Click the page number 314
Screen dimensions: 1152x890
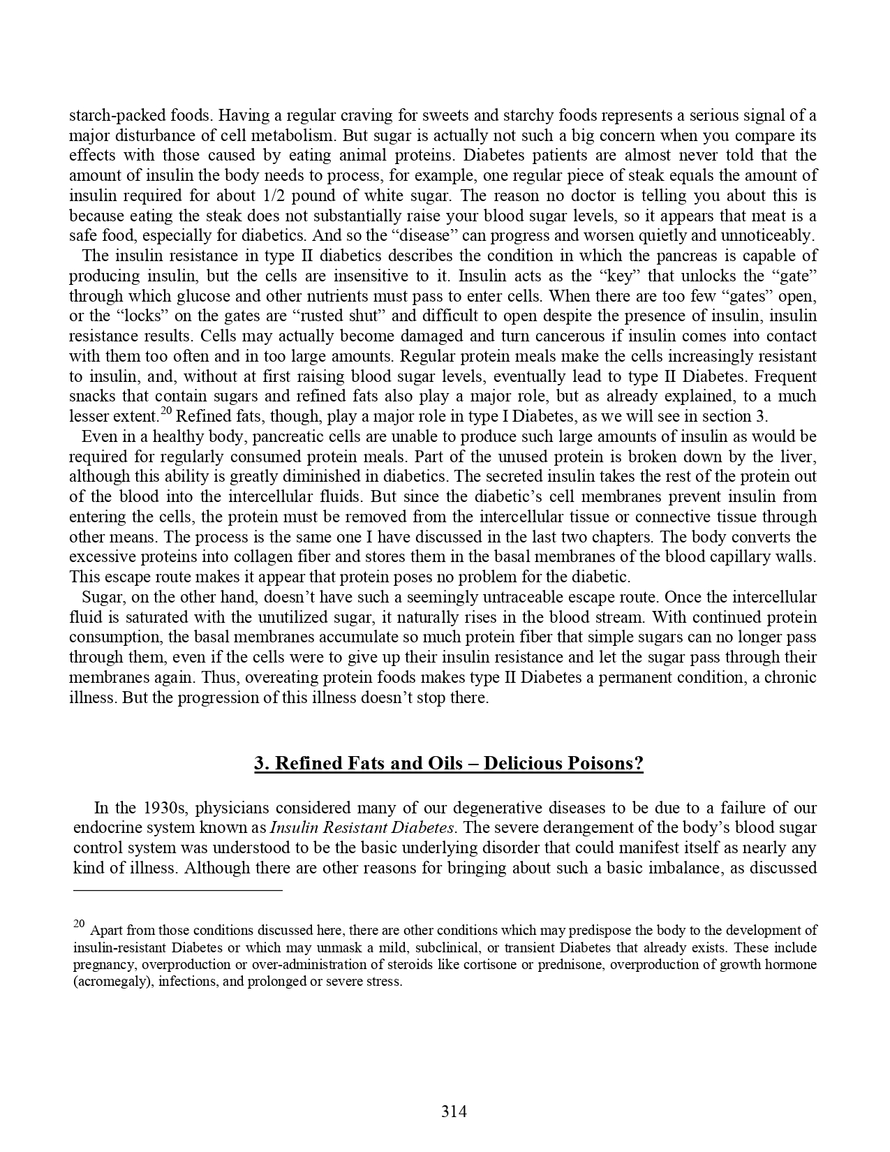[x=454, y=1111]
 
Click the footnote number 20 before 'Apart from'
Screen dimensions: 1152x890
[x=79, y=924]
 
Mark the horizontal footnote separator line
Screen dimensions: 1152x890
[x=177, y=890]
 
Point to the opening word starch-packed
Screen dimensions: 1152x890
[x=112, y=115]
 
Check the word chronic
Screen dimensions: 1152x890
[x=791, y=678]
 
